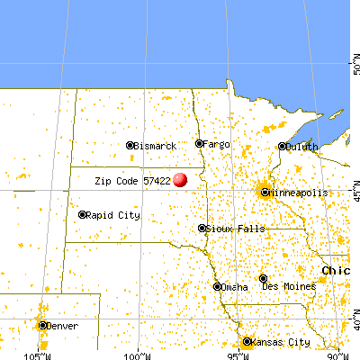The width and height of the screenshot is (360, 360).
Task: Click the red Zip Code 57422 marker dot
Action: (x=182, y=180)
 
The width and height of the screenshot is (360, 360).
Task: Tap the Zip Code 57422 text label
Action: (x=133, y=181)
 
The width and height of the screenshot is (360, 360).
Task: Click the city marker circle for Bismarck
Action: (x=130, y=145)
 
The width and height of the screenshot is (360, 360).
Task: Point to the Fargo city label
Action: (x=217, y=144)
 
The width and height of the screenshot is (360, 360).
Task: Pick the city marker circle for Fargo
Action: (x=200, y=143)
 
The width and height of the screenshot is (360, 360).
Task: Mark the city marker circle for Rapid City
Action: (x=82, y=214)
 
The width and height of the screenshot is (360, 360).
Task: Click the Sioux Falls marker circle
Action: (x=202, y=229)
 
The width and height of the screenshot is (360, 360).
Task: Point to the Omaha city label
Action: (x=235, y=287)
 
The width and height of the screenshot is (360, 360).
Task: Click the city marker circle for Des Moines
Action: (x=263, y=278)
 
